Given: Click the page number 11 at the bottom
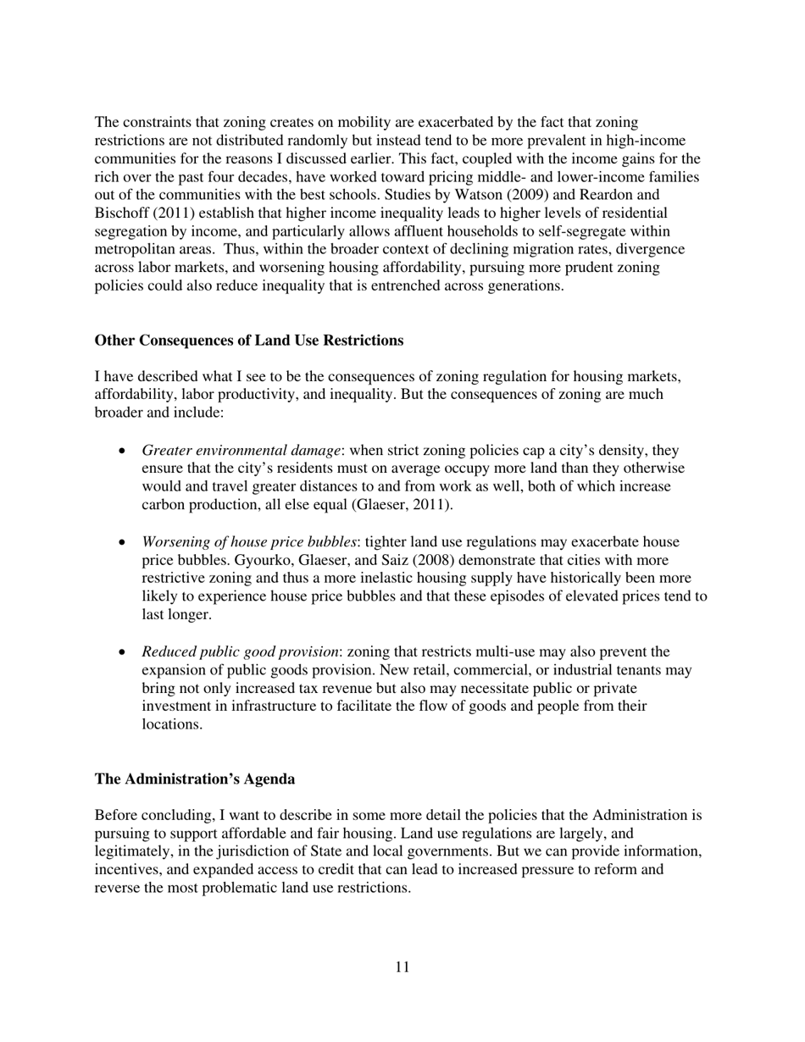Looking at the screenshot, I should pos(402,967).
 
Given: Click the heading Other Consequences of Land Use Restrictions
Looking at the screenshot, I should pos(249,341).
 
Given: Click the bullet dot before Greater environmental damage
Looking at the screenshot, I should pos(123,452).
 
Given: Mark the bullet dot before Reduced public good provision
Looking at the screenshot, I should pos(123,653).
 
